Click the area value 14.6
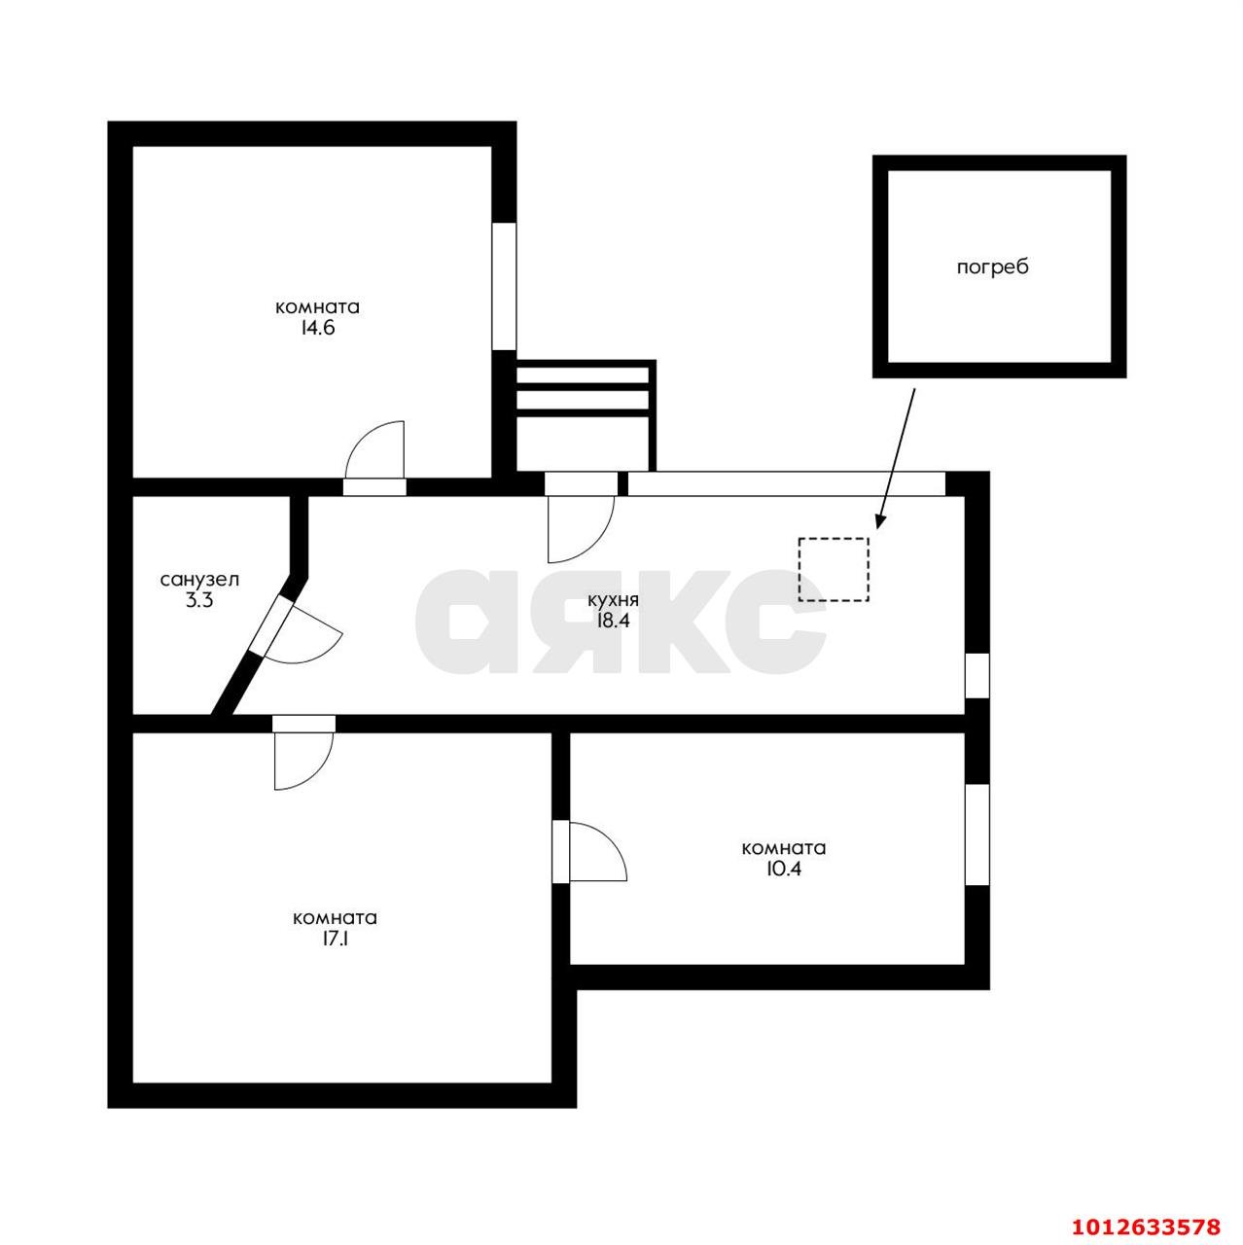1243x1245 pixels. coord(317,328)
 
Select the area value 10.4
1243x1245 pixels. coord(784,869)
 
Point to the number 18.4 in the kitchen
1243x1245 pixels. coord(613,621)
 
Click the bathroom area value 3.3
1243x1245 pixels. coord(199,600)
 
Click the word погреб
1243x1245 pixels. coord(992,267)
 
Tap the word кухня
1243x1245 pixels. coord(613,600)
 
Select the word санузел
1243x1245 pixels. coord(199,580)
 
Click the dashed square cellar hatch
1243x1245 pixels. coord(834,569)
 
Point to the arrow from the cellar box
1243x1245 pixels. coord(896,458)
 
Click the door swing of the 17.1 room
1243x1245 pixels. coord(303,762)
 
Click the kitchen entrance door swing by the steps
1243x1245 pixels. coord(580,529)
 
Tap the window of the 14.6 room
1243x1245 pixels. coord(504,286)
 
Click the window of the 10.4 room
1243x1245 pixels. coord(977,835)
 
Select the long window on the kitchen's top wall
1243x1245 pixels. coord(787,484)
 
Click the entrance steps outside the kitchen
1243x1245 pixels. coord(586,415)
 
